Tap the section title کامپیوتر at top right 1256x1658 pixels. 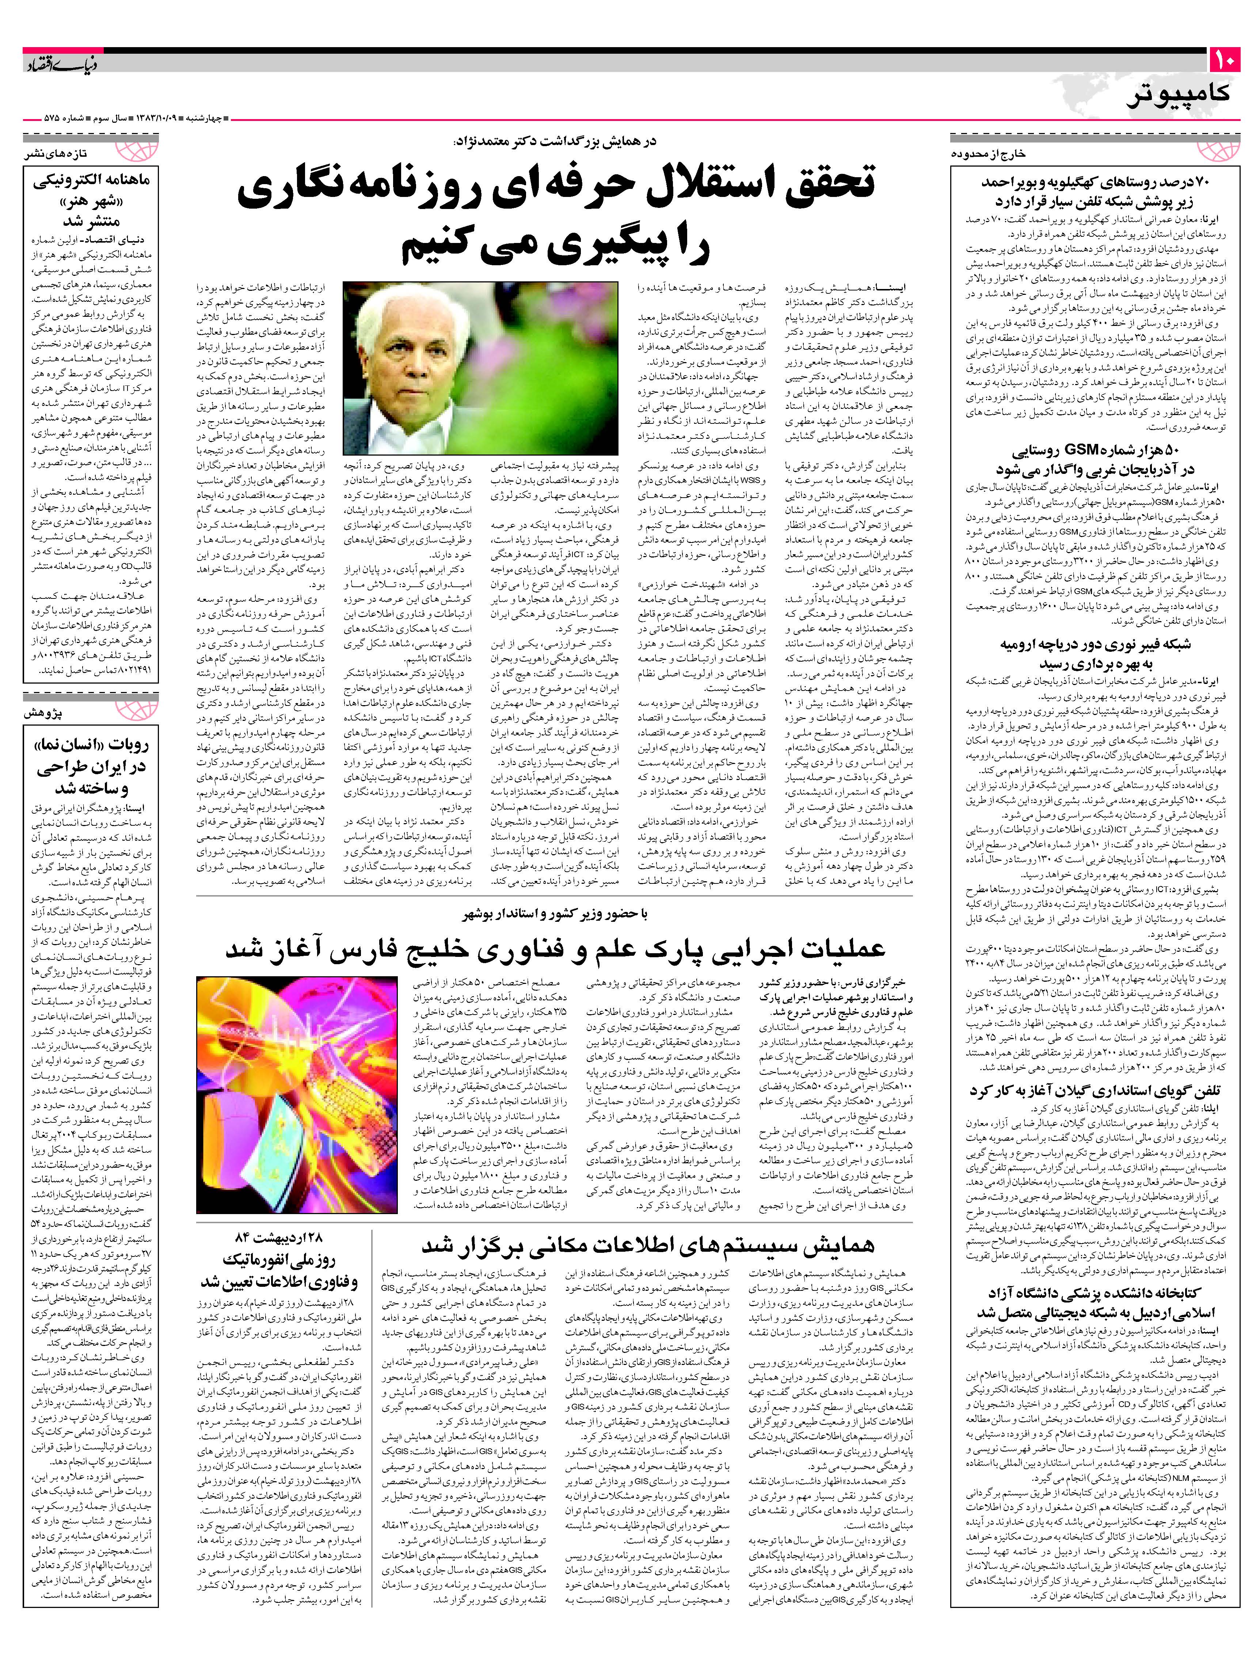(1177, 96)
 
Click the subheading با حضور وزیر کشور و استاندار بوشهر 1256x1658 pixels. (555, 914)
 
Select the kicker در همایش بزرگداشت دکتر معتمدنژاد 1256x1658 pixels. (555, 142)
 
